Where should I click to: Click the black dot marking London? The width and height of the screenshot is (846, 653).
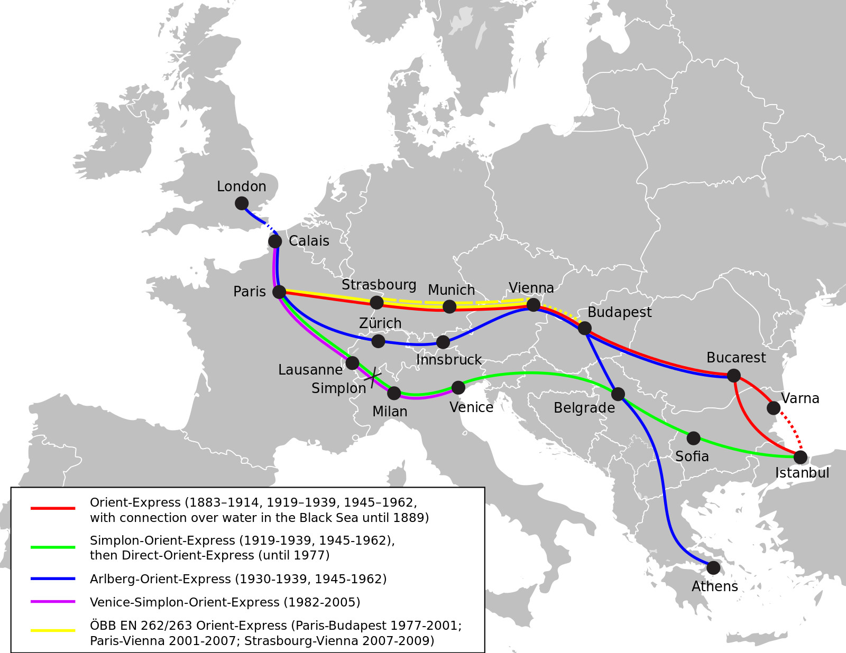tap(242, 203)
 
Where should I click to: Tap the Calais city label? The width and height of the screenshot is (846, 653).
tap(309, 241)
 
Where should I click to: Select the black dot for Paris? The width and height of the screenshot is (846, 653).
tap(279, 292)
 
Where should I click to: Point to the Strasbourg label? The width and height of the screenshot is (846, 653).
tap(379, 285)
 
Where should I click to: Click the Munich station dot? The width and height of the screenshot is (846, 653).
tap(449, 306)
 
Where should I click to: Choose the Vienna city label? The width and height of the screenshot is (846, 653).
tap(531, 288)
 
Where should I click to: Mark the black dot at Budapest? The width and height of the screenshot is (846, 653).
tap(584, 328)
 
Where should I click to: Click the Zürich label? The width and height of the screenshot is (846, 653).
tap(380, 323)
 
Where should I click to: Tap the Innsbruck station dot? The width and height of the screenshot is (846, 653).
tap(443, 342)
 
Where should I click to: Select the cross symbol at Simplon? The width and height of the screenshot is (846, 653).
tap(373, 377)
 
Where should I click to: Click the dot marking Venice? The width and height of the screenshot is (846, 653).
tap(458, 388)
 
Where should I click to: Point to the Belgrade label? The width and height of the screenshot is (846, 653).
tap(584, 408)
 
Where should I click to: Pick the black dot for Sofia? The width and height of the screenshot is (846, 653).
tap(693, 438)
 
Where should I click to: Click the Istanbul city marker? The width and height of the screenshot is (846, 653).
tap(801, 457)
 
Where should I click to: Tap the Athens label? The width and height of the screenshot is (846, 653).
tap(714, 586)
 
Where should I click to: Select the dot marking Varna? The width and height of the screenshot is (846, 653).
tap(774, 408)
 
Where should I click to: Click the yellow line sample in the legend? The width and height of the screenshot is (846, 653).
tap(53, 630)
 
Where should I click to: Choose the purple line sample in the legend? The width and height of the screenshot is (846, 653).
tap(53, 602)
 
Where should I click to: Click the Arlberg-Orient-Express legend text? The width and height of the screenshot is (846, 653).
tap(238, 579)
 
